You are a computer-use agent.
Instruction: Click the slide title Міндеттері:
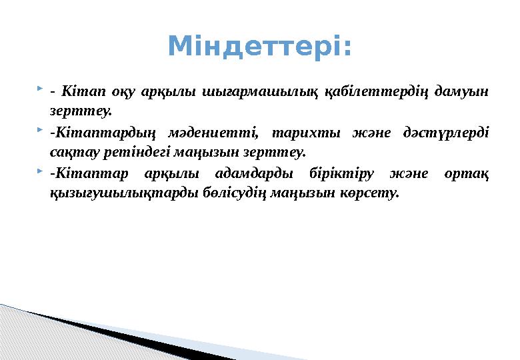pos(259,47)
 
